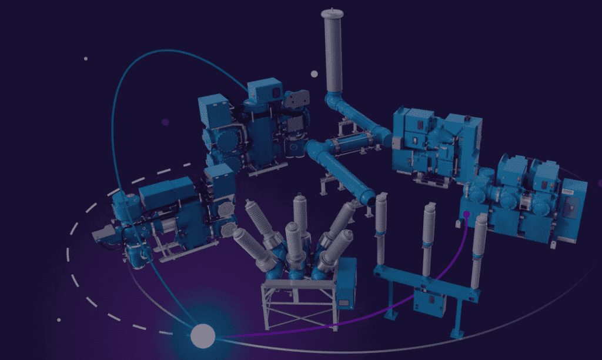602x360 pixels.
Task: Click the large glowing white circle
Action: click(x=203, y=336)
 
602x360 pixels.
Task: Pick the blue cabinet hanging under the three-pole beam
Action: click(x=429, y=302)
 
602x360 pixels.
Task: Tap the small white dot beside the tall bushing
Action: click(x=314, y=74)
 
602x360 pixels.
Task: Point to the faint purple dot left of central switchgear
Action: click(x=165, y=122)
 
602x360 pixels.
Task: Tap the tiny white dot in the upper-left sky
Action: click(x=86, y=59)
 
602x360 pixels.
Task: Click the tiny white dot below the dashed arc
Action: click(x=59, y=320)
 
